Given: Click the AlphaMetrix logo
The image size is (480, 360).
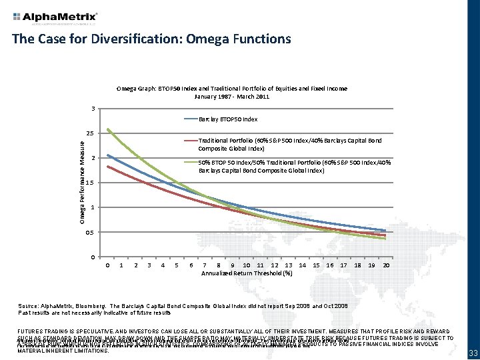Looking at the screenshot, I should (x=55, y=17).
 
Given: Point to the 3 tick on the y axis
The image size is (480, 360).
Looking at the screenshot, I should (x=93, y=109).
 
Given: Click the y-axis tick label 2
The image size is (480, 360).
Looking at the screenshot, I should (x=93, y=158).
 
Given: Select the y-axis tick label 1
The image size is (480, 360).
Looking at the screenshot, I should (x=93, y=207).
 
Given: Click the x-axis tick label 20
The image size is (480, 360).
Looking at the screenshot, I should (x=386, y=265).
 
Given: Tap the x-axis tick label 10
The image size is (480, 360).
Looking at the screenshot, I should (x=247, y=265).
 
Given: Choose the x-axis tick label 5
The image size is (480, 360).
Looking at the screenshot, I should (x=177, y=265).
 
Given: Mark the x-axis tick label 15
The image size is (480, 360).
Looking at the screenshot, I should (x=316, y=265).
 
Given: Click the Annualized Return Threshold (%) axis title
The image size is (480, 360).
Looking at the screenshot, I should (x=247, y=273).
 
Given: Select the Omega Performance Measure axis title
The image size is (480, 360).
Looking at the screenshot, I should (x=83, y=182).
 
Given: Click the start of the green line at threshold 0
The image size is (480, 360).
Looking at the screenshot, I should (x=108, y=129).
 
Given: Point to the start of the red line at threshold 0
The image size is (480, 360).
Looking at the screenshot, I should (x=108, y=166).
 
